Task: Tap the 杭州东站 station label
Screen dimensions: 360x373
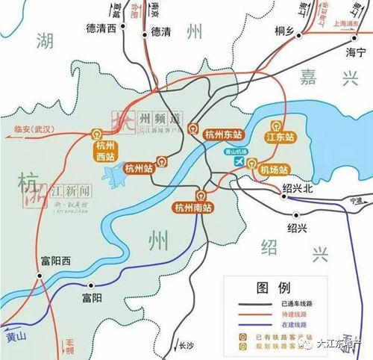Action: (223, 135)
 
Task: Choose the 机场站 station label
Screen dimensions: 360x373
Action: (274, 170)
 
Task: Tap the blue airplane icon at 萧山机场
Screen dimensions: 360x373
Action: (239, 161)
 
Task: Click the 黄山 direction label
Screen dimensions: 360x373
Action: (14, 338)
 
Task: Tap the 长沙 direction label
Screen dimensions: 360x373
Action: (186, 346)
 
